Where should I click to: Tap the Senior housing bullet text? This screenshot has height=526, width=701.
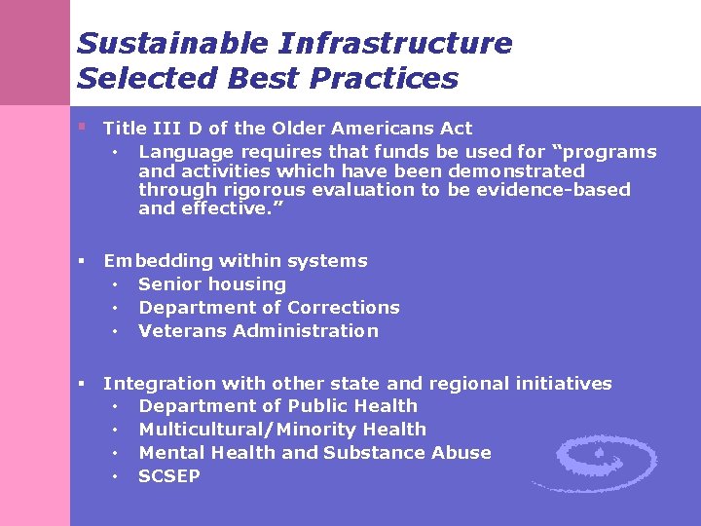click(x=212, y=284)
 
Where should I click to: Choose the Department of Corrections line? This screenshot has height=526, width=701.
click(x=269, y=308)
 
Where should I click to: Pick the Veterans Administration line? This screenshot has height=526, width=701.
click(x=258, y=331)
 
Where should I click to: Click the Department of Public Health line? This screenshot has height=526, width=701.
click(x=277, y=406)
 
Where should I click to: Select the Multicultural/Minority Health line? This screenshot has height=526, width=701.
click(x=282, y=430)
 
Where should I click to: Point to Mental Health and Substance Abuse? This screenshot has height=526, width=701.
click(x=314, y=453)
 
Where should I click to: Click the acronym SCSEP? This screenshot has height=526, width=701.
click(x=169, y=476)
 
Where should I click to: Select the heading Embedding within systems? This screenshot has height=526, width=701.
click(x=236, y=261)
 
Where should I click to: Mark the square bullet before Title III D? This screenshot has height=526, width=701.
click(x=84, y=127)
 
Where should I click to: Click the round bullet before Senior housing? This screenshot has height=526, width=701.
click(x=115, y=285)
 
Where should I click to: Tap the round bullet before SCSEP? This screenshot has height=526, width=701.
click(x=115, y=477)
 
